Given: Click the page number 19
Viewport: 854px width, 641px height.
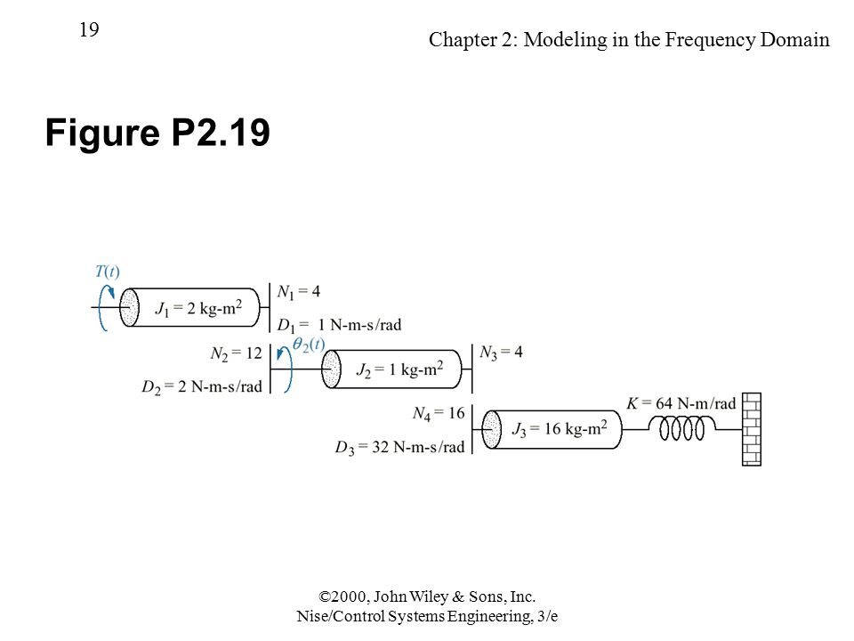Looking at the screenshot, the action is [x=89, y=29].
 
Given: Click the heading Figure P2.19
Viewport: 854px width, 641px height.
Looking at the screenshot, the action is [x=157, y=133].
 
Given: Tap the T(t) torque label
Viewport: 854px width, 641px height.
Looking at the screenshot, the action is [x=108, y=271].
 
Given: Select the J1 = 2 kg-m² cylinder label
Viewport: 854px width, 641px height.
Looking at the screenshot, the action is [x=198, y=309].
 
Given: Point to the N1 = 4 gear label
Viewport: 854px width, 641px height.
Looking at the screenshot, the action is [x=299, y=292].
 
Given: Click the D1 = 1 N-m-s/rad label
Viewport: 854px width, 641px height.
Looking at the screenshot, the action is [x=339, y=326].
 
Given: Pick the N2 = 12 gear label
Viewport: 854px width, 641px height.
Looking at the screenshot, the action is [x=237, y=353].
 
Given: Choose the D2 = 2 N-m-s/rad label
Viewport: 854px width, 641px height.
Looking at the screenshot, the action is [x=202, y=387].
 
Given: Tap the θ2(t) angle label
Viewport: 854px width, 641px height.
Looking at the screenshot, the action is [x=309, y=345].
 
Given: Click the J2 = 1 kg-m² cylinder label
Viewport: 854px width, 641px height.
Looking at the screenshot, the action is [x=399, y=369].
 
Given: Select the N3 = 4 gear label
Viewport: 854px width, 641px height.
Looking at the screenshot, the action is [x=501, y=353].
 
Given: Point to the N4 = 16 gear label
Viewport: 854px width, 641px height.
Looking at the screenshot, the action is [x=439, y=414].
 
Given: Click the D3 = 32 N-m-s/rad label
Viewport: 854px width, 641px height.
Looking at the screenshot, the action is [x=399, y=448].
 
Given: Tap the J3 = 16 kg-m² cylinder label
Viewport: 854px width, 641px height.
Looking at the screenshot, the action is [x=560, y=429].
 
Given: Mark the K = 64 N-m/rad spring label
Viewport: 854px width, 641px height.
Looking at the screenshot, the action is [x=681, y=403].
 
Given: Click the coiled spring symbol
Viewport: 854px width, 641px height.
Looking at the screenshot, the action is [x=682, y=428].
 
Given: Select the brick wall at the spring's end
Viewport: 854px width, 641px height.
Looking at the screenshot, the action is [x=752, y=429].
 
